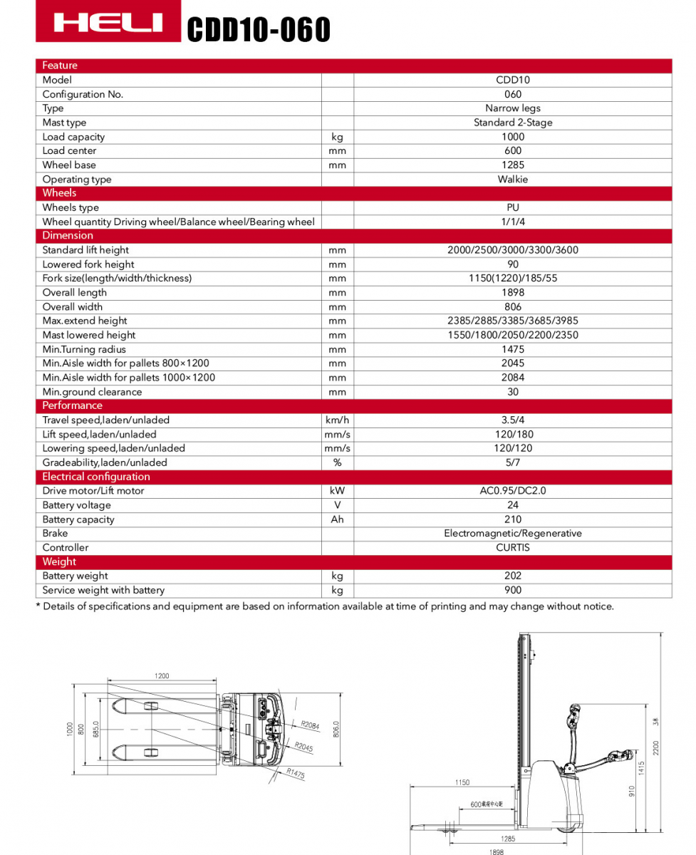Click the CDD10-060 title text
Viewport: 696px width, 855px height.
click(x=259, y=30)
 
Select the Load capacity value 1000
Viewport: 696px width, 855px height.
click(x=512, y=137)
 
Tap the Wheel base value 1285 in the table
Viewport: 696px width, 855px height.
click(x=512, y=165)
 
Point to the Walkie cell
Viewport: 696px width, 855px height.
click(x=512, y=179)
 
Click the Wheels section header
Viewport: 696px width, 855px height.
click(x=59, y=193)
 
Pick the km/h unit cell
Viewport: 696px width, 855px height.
click(x=337, y=420)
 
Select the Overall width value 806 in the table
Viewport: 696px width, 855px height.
click(x=512, y=306)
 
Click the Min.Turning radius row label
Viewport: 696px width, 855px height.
click(x=84, y=349)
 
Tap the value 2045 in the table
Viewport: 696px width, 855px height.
click(x=512, y=363)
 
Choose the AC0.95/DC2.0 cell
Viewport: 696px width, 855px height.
click(x=512, y=491)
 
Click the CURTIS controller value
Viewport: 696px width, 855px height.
click(x=512, y=547)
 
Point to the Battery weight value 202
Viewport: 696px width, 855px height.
click(x=512, y=576)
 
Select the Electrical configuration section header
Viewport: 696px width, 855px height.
click(x=96, y=477)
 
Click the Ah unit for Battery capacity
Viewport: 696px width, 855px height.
click(x=337, y=519)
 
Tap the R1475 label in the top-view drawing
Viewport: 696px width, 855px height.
click(x=296, y=773)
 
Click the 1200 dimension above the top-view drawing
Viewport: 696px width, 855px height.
click(x=162, y=676)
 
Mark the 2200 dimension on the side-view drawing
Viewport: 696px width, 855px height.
click(x=656, y=747)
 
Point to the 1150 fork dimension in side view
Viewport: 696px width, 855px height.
click(x=462, y=782)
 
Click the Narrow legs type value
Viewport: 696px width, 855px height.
click(x=512, y=108)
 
